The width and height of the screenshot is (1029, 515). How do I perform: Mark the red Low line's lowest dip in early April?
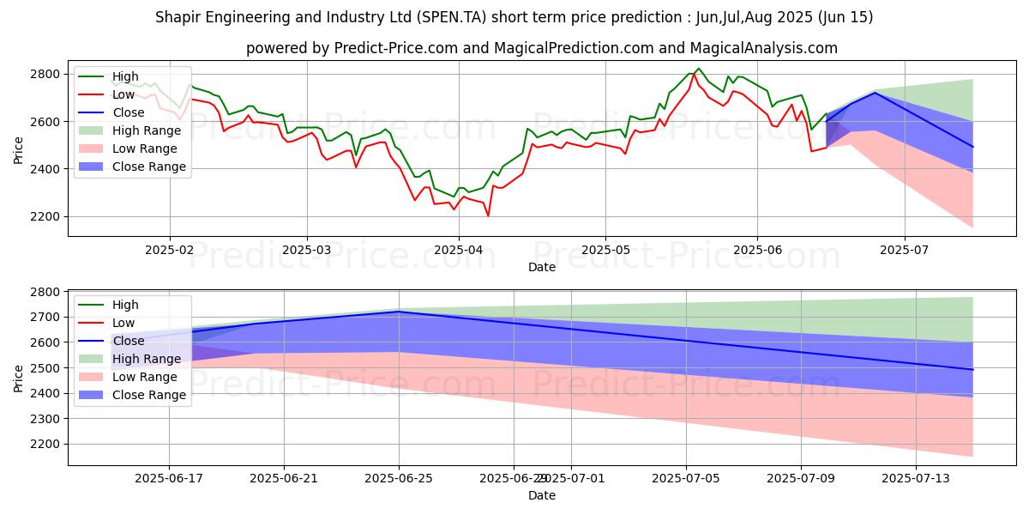pyautogui.click(x=488, y=215)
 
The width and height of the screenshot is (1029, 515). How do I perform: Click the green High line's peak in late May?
pyautogui.click(x=699, y=69)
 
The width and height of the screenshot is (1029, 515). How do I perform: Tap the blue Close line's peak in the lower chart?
pyautogui.click(x=399, y=312)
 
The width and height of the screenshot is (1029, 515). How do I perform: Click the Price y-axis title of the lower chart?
pyautogui.click(x=19, y=376)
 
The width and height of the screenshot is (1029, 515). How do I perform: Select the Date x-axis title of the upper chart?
pyautogui.click(x=542, y=267)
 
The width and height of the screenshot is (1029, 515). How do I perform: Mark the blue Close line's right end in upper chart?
pyautogui.click(x=972, y=147)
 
